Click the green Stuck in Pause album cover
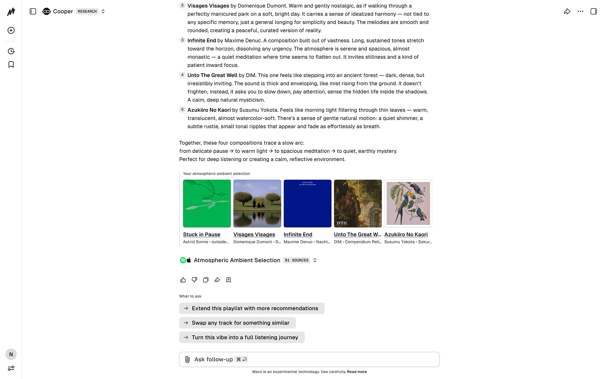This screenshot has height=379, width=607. (x=207, y=203)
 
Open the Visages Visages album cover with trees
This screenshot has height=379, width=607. (x=257, y=203)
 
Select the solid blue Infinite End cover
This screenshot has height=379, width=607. (x=307, y=203)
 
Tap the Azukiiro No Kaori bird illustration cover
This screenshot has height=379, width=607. (x=408, y=203)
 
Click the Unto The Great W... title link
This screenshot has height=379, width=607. (x=358, y=234)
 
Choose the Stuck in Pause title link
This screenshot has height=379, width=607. (x=202, y=234)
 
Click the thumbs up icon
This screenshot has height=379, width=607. (x=183, y=280)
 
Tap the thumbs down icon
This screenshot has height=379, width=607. (x=194, y=280)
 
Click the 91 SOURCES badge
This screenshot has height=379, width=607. (x=297, y=260)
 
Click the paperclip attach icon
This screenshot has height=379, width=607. (x=187, y=359)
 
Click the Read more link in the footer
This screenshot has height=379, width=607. (x=357, y=372)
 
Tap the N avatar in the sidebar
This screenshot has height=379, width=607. (x=11, y=354)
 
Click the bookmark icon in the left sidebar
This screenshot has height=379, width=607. (x=11, y=64)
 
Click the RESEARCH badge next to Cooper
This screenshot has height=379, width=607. (x=87, y=11)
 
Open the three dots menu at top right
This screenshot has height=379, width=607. (x=580, y=11)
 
